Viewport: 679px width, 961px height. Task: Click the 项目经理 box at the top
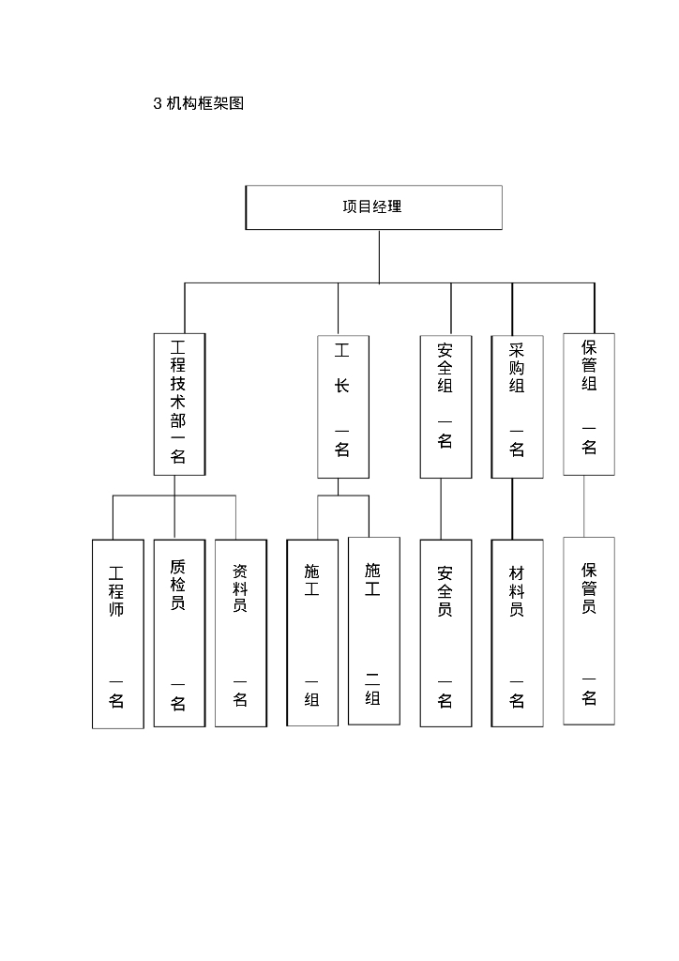point(373,207)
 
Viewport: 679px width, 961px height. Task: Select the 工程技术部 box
point(178,404)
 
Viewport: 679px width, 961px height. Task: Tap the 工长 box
point(342,405)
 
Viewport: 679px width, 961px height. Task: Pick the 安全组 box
point(445,405)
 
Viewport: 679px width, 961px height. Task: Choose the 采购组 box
point(517,405)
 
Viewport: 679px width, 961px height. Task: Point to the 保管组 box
point(589,404)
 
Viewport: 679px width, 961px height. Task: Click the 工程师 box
point(117,633)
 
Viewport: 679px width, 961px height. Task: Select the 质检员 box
point(179,633)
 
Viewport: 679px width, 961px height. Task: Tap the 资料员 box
point(241,633)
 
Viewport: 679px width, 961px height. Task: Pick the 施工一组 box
point(312,633)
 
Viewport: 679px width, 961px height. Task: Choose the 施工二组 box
point(373,631)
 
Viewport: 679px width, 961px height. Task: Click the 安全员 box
point(445,633)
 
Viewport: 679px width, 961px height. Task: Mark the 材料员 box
point(517,633)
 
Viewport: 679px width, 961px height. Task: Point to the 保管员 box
point(589,631)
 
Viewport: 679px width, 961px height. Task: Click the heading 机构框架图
point(204,104)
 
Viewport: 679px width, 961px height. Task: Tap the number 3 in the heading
point(157,104)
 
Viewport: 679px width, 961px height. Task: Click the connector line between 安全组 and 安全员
point(441,509)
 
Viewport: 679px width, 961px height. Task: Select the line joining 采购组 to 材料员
point(512,509)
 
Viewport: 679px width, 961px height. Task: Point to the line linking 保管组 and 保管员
point(584,506)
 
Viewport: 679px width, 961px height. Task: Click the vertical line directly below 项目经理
point(379,255)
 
